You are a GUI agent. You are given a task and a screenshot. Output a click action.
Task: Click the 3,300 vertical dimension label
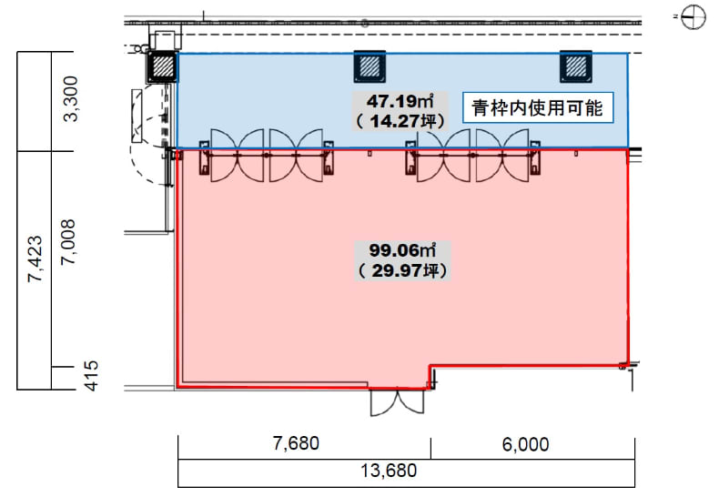pyautogui.click(x=71, y=98)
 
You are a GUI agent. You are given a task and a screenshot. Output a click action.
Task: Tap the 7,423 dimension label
pyautogui.click(x=35, y=259)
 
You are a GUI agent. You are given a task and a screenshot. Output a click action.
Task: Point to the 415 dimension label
pyautogui.click(x=91, y=376)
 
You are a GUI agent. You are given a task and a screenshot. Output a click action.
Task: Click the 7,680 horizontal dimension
pyautogui.click(x=296, y=443)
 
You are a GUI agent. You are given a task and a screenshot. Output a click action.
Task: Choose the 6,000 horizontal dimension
pyautogui.click(x=525, y=444)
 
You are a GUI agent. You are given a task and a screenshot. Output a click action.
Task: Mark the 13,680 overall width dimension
pyautogui.click(x=389, y=471)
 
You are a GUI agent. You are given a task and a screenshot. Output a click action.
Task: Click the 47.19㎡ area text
pyautogui.click(x=400, y=101)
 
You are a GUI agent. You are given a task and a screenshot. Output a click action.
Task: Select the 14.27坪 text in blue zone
pyautogui.click(x=400, y=121)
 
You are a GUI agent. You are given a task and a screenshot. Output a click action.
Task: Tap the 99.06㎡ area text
pyautogui.click(x=402, y=250)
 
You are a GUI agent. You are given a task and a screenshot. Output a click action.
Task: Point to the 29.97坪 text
pyautogui.click(x=402, y=270)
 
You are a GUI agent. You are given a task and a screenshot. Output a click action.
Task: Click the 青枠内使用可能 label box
pyautogui.click(x=538, y=107)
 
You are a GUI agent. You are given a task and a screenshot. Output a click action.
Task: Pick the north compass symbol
pyautogui.click(x=693, y=17)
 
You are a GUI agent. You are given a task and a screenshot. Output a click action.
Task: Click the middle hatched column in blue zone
pyautogui.click(x=370, y=66)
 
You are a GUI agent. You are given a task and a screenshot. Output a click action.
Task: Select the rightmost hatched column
pyautogui.click(x=576, y=66)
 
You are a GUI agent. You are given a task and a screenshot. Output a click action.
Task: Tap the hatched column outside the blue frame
pyautogui.click(x=162, y=67)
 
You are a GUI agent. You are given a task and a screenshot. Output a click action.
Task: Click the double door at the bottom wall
pyautogui.click(x=397, y=401)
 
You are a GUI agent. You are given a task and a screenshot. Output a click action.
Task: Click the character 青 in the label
pyautogui.click(x=481, y=108)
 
